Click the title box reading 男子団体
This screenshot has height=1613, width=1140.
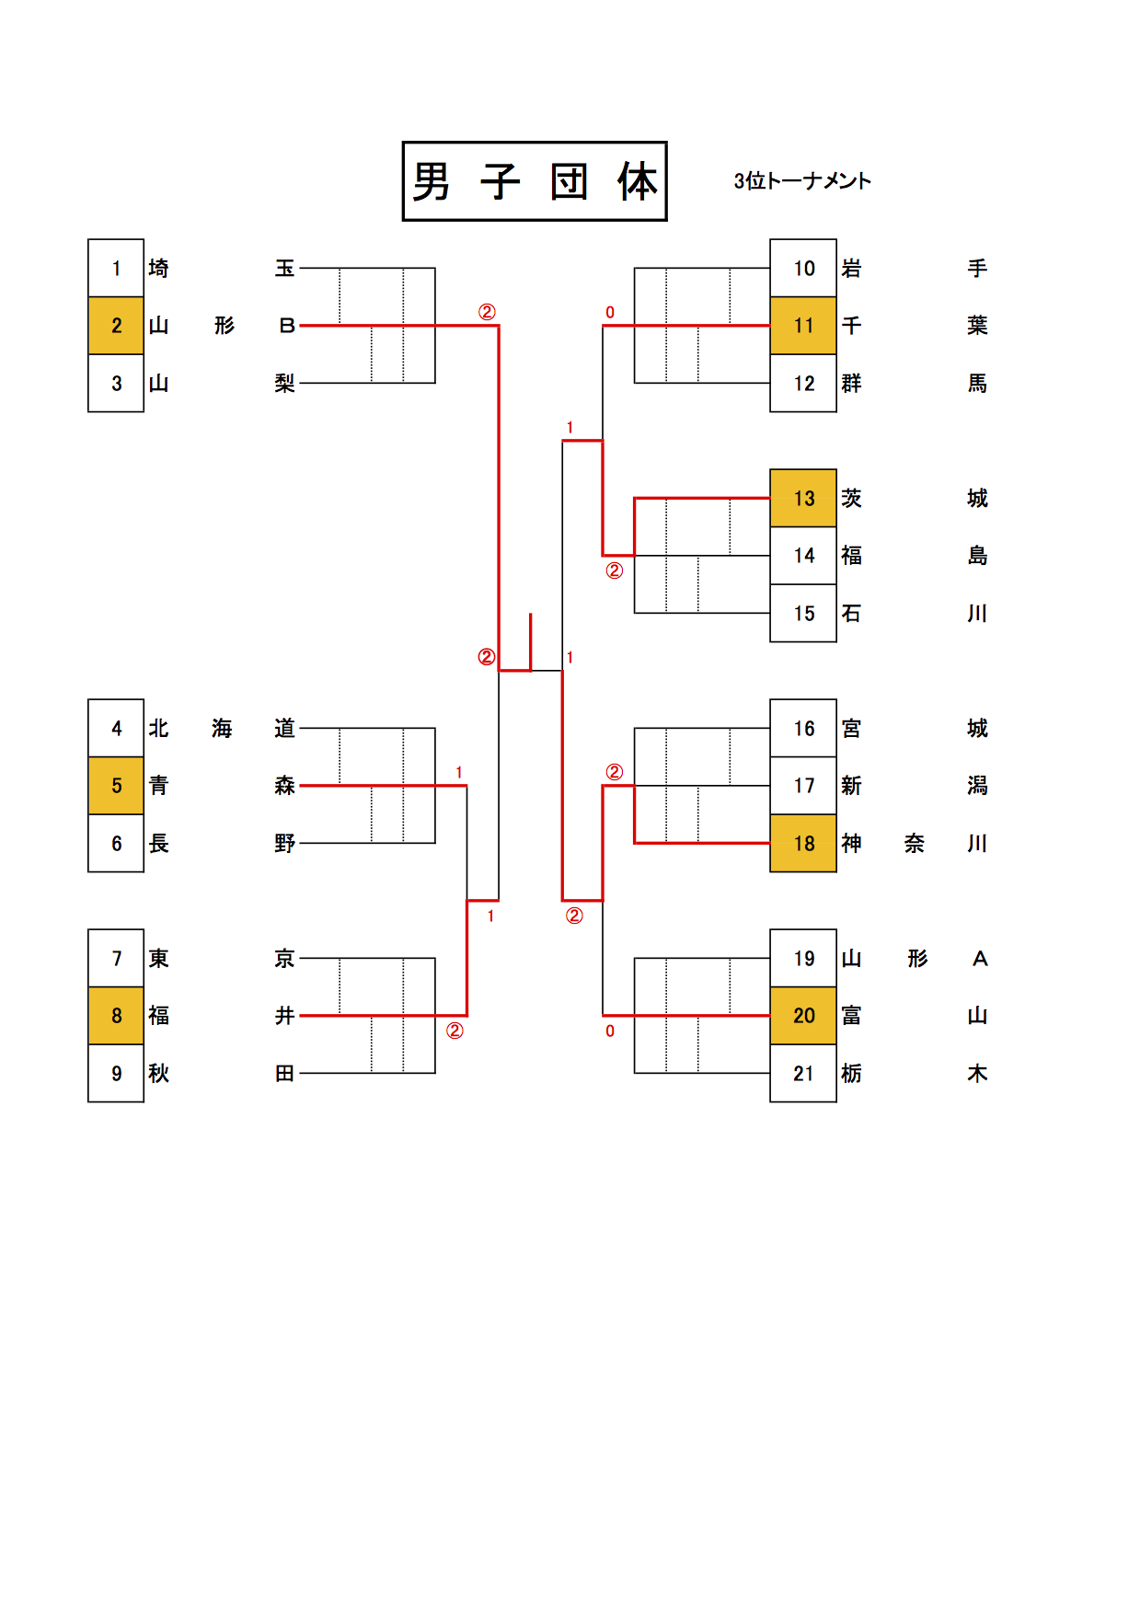click(x=535, y=181)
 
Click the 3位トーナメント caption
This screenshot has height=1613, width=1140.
click(x=801, y=181)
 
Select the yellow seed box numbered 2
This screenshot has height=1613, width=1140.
click(x=116, y=326)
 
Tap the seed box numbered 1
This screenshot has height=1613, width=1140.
click(x=116, y=269)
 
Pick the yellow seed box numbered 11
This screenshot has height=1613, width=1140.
click(x=803, y=326)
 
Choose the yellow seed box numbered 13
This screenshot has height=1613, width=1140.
click(x=803, y=499)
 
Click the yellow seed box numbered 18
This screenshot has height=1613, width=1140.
click(x=803, y=844)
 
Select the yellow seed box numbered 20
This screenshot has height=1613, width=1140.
click(x=803, y=1016)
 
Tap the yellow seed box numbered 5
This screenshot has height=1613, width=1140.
click(x=116, y=786)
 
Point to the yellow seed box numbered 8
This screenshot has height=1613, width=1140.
click(x=116, y=1016)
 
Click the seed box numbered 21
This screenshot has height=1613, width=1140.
click(x=803, y=1074)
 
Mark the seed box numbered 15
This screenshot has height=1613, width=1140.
click(x=803, y=614)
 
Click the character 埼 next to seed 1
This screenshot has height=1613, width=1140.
click(x=159, y=269)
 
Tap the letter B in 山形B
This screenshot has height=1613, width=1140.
click(x=286, y=326)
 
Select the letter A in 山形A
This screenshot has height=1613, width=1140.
click(x=980, y=959)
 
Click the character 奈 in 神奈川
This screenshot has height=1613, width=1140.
click(x=915, y=844)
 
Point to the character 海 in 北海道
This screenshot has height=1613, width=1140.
click(x=222, y=729)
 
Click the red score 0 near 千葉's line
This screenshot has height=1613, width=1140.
click(x=610, y=313)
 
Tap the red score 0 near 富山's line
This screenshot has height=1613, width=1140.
click(x=610, y=1031)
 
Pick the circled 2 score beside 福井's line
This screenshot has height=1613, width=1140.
click(x=455, y=1031)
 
